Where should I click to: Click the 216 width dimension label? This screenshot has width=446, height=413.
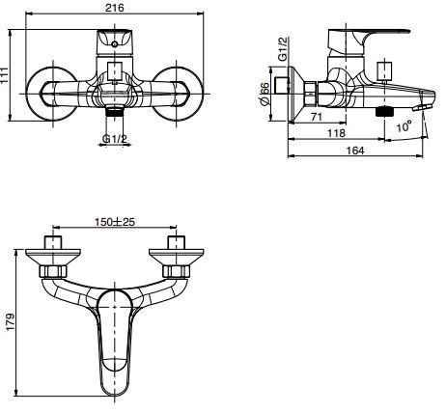coord(115,8)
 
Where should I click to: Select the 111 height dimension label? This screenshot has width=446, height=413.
coord(5,75)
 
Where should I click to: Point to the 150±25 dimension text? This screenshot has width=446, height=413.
coord(115,222)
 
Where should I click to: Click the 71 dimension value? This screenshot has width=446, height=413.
coord(317,116)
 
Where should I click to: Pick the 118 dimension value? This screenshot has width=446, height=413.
coord(336,133)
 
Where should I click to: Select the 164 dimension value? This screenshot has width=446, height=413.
coord(355,151)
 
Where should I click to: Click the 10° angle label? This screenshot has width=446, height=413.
coord(404,126)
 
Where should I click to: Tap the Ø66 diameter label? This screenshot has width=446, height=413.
coord(265,95)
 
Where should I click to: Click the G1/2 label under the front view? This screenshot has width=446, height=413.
coord(115,139)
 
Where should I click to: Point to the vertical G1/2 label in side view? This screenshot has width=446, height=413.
coord(283,49)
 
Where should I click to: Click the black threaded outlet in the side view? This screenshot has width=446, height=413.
coord(385,112)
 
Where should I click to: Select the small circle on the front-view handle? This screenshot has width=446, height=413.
coord(114,44)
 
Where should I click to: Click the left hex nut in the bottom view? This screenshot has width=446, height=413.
coord(53,271)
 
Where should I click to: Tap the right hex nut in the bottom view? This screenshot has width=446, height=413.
coord(175,271)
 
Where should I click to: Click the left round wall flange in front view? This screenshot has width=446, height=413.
coord(52,94)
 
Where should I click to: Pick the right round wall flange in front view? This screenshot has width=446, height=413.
coord(177,94)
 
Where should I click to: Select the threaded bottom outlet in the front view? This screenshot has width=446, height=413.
coord(115,111)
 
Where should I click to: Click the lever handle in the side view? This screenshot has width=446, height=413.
coord(368,41)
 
